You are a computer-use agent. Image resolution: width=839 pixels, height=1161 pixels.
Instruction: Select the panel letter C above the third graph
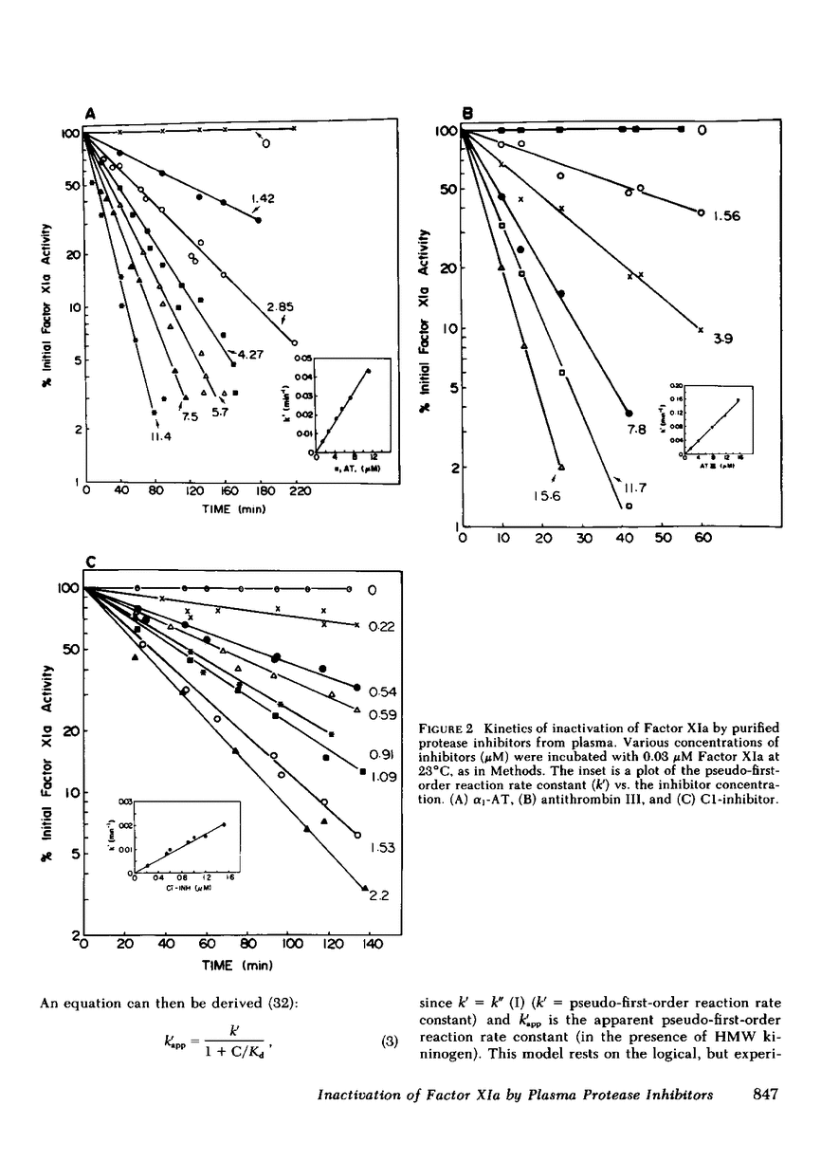(x=91, y=562)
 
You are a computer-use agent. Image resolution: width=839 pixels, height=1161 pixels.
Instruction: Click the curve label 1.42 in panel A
(x=263, y=198)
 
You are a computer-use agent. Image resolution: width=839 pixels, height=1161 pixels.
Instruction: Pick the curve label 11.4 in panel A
(x=156, y=439)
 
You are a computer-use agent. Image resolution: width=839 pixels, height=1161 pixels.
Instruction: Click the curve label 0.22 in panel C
(x=381, y=626)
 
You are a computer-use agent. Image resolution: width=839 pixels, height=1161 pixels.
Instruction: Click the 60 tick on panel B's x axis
(x=702, y=539)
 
